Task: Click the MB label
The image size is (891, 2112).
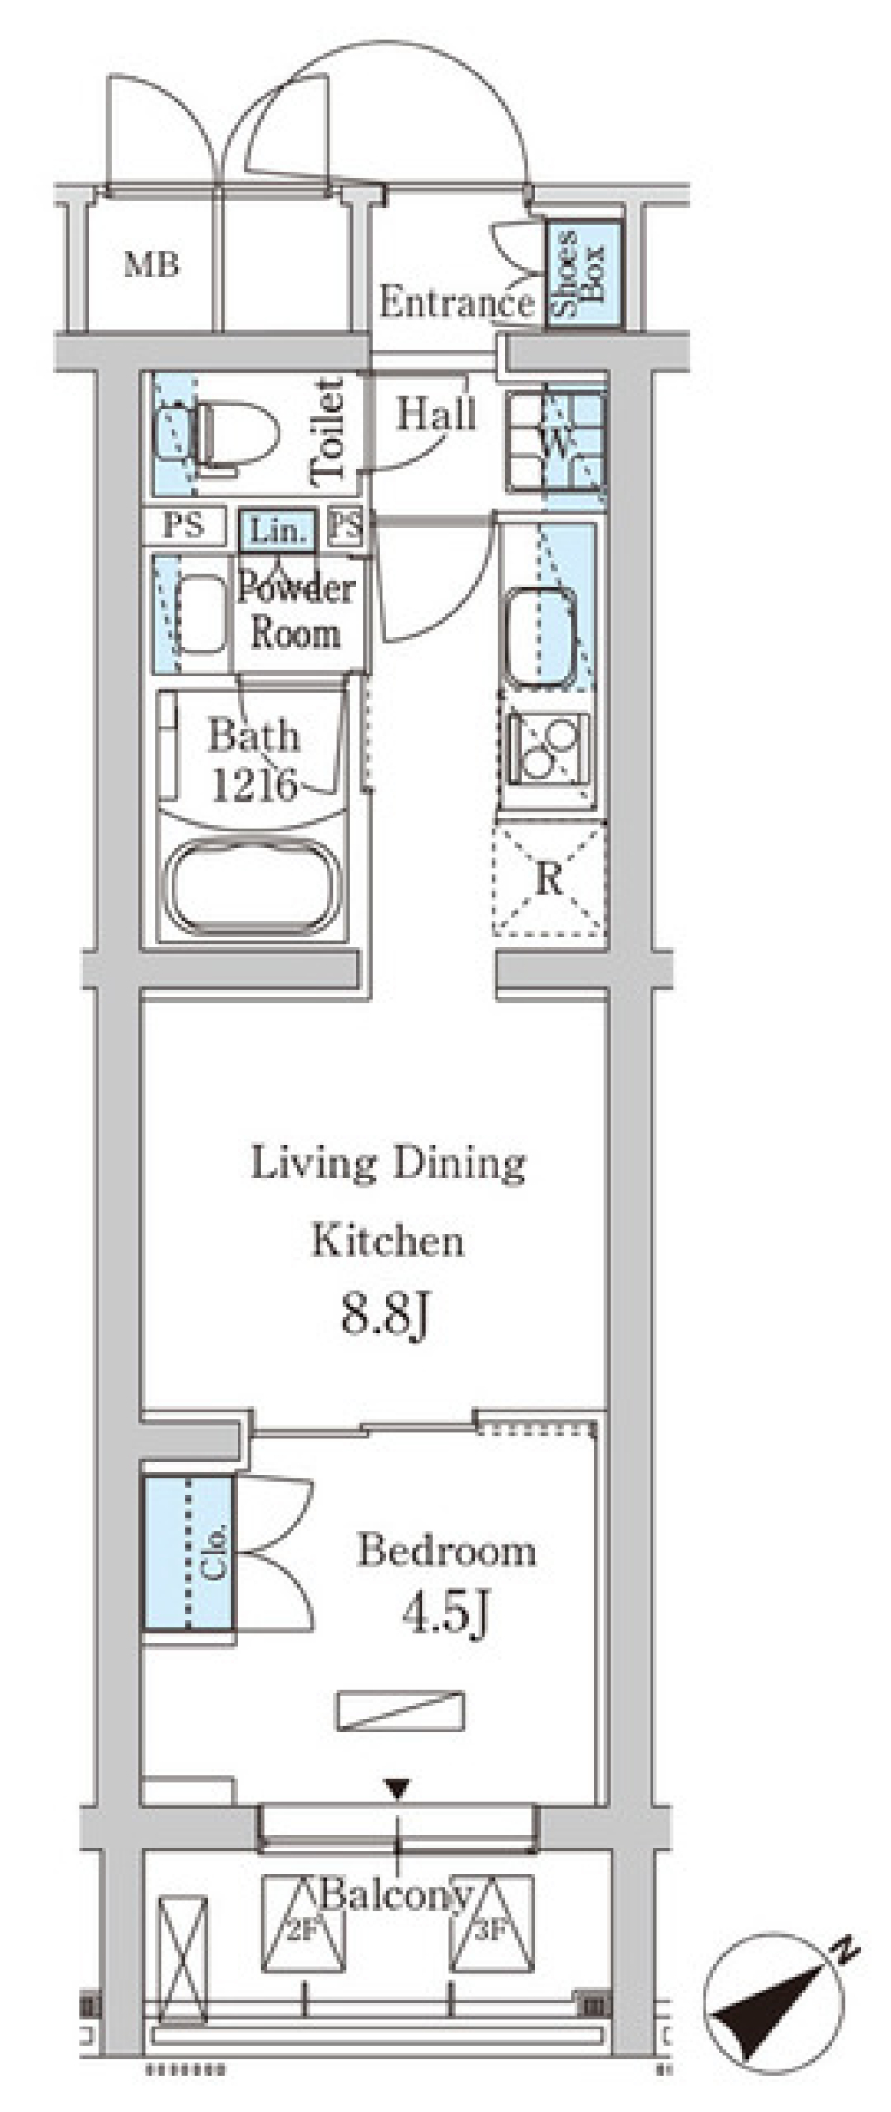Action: pyautogui.click(x=152, y=265)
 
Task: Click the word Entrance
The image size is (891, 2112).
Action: pyautogui.click(x=456, y=303)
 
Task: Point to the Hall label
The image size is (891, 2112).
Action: pyautogui.click(x=436, y=414)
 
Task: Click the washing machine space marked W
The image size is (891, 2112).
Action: pyautogui.click(x=555, y=442)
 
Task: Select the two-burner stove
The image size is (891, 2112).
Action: pyautogui.click(x=548, y=748)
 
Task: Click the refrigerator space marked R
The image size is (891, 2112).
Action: pyautogui.click(x=549, y=879)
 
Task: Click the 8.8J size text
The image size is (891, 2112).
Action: pyautogui.click(x=385, y=1314)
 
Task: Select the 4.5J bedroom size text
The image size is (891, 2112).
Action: pyautogui.click(x=445, y=1616)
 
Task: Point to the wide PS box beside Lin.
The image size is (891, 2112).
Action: pyautogui.click(x=184, y=526)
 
